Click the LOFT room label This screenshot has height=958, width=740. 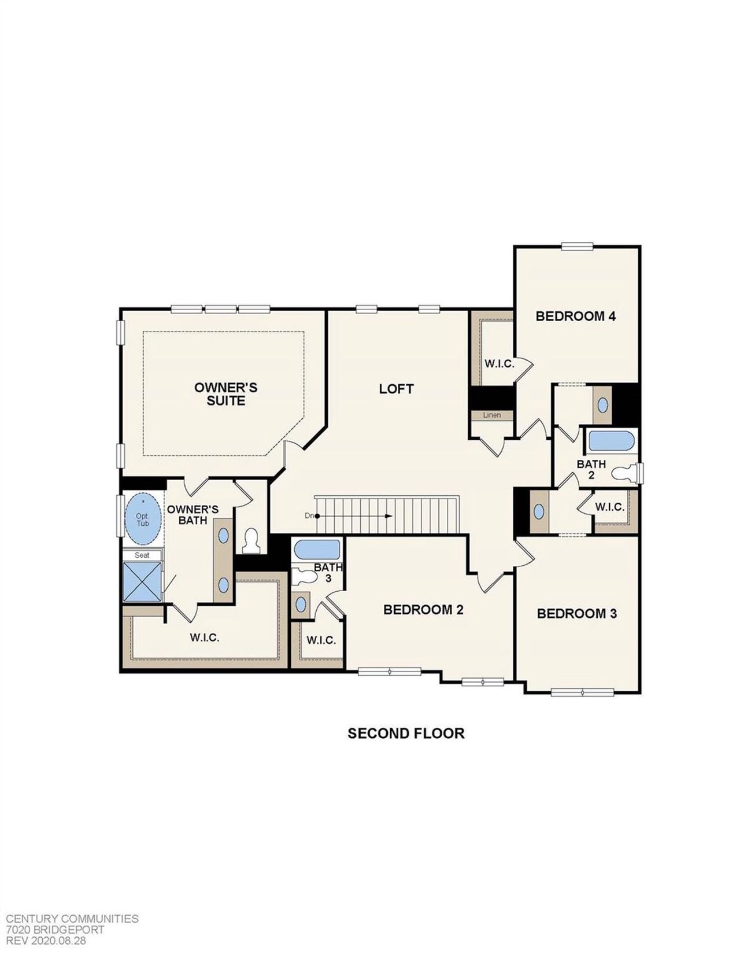396,389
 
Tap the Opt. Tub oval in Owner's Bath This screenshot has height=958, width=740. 143,519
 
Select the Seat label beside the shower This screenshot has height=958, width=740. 142,555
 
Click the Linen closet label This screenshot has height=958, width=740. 491,415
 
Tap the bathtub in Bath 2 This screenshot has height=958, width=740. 610,443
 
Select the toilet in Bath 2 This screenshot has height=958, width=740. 624,473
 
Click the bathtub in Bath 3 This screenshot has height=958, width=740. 316,550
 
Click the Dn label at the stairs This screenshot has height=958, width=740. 309,515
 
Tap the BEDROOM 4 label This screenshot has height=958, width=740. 575,316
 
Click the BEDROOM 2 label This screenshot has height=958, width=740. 423,610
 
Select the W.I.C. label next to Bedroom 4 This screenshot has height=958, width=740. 499,364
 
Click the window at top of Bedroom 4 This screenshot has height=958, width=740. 577,246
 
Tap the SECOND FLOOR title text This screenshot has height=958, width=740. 406,734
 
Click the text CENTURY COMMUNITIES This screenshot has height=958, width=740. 72,919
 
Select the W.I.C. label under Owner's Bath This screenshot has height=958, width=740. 205,638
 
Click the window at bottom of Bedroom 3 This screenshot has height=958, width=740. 582,692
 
